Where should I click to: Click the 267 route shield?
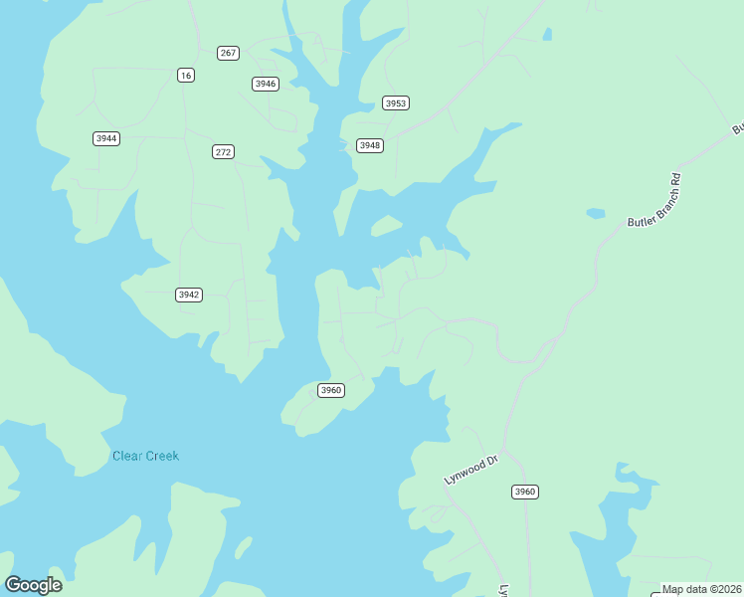click(229, 53)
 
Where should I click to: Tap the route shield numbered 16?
click(186, 75)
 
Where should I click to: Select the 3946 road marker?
click(265, 84)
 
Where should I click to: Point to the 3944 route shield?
click(106, 138)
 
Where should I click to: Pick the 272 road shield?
click(223, 152)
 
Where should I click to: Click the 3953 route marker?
click(396, 103)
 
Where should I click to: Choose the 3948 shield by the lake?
click(370, 145)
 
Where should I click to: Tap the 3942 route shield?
click(189, 295)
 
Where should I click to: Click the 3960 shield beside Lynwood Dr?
click(525, 492)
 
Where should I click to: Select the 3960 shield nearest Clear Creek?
click(331, 390)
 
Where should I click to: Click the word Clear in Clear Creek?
click(127, 456)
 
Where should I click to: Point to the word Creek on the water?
click(162, 456)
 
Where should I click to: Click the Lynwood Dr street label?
click(469, 470)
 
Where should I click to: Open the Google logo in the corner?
click(33, 585)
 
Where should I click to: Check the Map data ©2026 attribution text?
click(701, 589)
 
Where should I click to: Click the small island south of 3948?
click(386, 226)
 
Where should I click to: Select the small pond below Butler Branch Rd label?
click(596, 213)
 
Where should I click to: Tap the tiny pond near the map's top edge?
click(547, 35)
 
